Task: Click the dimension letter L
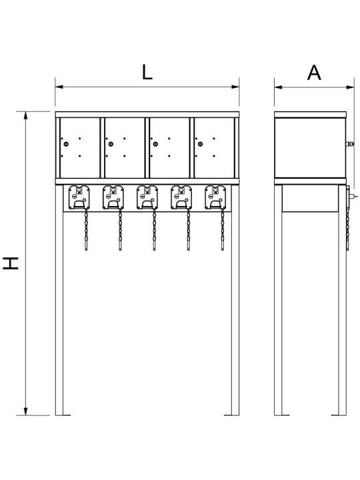tap(147, 73)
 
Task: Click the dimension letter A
tap(314, 73)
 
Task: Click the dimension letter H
tap(11, 263)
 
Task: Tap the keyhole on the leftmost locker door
tap(66, 144)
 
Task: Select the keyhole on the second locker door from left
tap(111, 144)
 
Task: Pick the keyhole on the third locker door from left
tap(155, 144)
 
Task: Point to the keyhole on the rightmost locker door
tap(200, 144)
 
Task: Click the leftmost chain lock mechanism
tap(79, 197)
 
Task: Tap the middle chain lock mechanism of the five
tap(147, 197)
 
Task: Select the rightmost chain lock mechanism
tap(215, 197)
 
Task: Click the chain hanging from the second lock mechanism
tap(120, 229)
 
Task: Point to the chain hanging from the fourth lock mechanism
tap(188, 229)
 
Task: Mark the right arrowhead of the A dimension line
tap(351, 87)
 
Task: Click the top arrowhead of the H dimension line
tap(26, 115)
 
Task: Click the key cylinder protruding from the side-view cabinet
tap(349, 144)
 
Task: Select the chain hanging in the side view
tap(347, 229)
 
